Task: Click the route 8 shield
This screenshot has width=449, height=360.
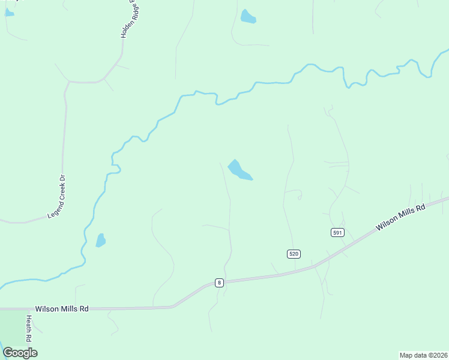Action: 219,283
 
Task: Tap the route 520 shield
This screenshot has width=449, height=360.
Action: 293,254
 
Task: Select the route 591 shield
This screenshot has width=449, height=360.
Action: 337,232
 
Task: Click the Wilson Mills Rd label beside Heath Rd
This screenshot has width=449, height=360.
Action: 62,308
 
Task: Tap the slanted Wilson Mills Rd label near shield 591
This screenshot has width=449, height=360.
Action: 400,217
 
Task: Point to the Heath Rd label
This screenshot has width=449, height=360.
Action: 28,329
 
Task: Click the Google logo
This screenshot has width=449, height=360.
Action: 20,353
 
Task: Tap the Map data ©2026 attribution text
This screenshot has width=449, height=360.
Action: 424,355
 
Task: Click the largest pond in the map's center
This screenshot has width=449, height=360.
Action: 240,170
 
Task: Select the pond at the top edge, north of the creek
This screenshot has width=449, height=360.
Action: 247,17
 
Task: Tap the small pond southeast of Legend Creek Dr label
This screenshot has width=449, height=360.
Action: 100,241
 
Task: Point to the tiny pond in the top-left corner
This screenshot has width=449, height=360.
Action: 8,13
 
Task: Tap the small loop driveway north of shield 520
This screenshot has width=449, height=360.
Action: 298,194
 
